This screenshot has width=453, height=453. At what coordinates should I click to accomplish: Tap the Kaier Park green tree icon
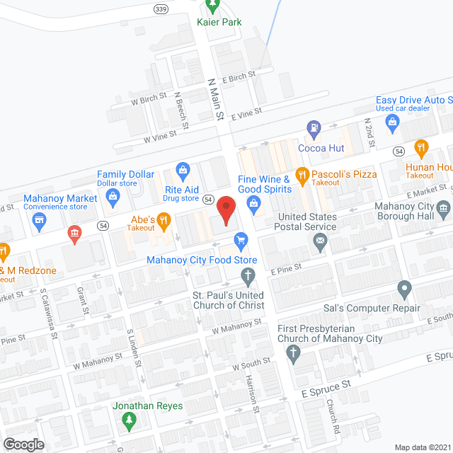pos(212,6)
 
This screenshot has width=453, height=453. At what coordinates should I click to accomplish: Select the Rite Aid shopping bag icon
pos(183,170)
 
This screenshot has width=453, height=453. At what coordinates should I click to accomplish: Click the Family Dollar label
pos(126,174)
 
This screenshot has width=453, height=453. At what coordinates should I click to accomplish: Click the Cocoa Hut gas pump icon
pos(314,128)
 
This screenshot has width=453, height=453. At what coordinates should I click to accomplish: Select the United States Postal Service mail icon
pos(320,243)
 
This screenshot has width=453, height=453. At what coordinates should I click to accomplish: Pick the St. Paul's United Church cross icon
pos(248,274)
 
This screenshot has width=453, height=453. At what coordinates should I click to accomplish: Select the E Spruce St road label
pos(326,387)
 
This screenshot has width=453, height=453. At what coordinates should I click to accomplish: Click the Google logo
pos(23,444)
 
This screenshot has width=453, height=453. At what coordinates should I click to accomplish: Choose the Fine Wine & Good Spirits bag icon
pos(253,202)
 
